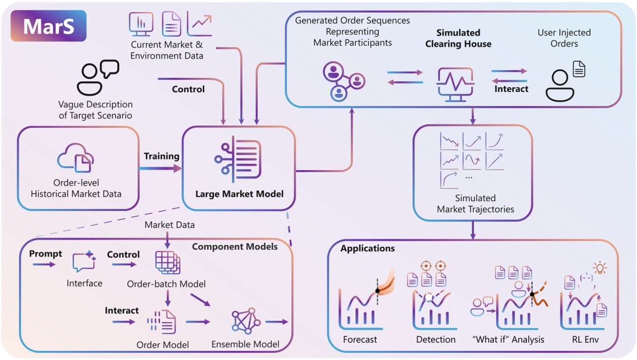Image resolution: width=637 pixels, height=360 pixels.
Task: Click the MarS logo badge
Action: (x=49, y=26)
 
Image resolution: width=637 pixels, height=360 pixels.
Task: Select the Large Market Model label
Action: (x=239, y=194)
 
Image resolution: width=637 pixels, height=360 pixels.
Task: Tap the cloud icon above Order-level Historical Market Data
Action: (x=76, y=158)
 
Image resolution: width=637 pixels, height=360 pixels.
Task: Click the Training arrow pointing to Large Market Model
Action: (x=160, y=168)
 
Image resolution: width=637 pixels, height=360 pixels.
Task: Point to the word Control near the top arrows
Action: (x=188, y=89)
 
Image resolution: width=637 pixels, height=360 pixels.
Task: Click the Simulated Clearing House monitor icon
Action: (x=455, y=84)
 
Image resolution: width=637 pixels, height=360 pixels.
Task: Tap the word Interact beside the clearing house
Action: (x=511, y=89)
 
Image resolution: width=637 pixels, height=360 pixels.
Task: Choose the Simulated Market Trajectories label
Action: (x=475, y=204)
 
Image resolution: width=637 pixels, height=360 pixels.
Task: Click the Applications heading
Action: (x=367, y=248)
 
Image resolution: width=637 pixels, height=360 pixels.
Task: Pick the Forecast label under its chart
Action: (x=360, y=340)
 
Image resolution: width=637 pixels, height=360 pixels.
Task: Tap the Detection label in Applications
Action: (x=436, y=340)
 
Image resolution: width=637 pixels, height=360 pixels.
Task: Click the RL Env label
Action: (x=585, y=340)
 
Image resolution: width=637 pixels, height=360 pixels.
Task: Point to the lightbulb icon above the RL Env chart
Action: (x=600, y=268)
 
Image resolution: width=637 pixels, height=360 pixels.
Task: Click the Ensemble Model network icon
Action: (x=246, y=321)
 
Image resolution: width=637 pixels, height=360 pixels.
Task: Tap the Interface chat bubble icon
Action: (x=84, y=262)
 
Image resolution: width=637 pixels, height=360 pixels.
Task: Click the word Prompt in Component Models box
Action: (x=46, y=254)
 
